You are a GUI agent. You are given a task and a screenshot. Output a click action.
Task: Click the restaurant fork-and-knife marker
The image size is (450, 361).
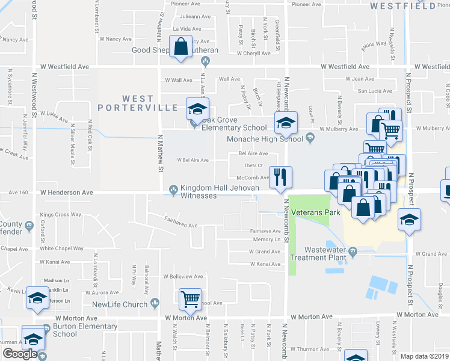point(280,176)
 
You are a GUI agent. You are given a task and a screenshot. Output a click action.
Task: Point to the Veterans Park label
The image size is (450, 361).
point(315,213)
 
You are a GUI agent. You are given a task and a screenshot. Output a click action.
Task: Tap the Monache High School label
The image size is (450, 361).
point(264,139)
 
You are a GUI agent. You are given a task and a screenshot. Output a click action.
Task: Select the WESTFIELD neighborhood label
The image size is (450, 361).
point(402,6)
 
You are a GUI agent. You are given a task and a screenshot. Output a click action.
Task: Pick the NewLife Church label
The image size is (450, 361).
point(119,304)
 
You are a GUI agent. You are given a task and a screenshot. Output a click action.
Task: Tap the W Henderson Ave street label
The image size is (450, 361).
point(67,193)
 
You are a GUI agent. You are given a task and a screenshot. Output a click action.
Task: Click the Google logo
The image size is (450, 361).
point(20,354)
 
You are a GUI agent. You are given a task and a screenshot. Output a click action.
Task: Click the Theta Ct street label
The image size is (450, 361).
point(253,165)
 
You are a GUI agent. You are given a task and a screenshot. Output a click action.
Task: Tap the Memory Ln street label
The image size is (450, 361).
point(267,239)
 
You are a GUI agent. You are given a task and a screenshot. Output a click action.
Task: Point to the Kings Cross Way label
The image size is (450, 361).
point(60,215)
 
